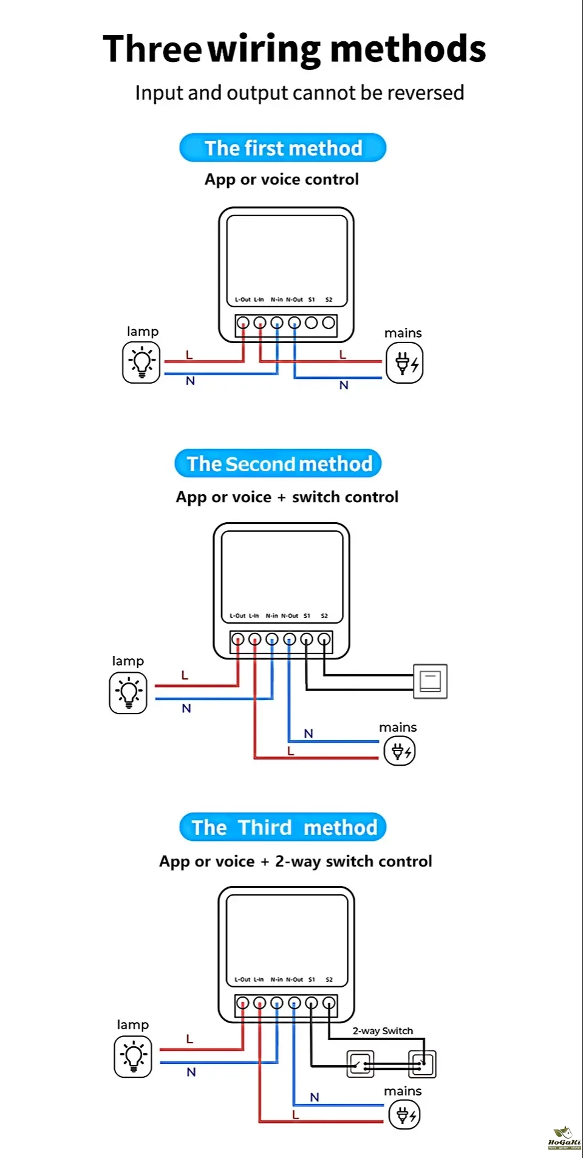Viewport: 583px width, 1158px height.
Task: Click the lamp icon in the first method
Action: (141, 363)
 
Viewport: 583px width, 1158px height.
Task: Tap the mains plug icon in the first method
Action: (405, 363)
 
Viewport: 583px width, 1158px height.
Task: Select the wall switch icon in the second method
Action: (430, 681)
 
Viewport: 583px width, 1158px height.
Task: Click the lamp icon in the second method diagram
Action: (128, 693)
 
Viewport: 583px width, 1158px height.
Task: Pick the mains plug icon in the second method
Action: (400, 751)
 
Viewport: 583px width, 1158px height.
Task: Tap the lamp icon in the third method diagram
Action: (133, 1057)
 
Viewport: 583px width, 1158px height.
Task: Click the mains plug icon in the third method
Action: (404, 1115)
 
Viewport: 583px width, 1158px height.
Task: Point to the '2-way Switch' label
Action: (383, 1031)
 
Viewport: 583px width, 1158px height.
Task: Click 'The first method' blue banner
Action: (283, 148)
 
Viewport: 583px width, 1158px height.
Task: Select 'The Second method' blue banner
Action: (279, 464)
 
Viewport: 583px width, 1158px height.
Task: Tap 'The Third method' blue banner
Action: (284, 828)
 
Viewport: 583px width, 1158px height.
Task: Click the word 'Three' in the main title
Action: (152, 49)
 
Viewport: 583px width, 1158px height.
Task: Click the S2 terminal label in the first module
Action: (329, 299)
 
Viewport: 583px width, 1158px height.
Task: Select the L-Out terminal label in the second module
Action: (237, 616)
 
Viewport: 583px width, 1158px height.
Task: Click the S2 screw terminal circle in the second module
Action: (324, 639)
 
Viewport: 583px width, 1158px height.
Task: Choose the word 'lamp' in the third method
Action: (132, 1025)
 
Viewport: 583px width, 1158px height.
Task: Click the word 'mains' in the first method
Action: (403, 333)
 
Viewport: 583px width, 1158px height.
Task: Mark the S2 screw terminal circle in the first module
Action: (329, 323)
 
